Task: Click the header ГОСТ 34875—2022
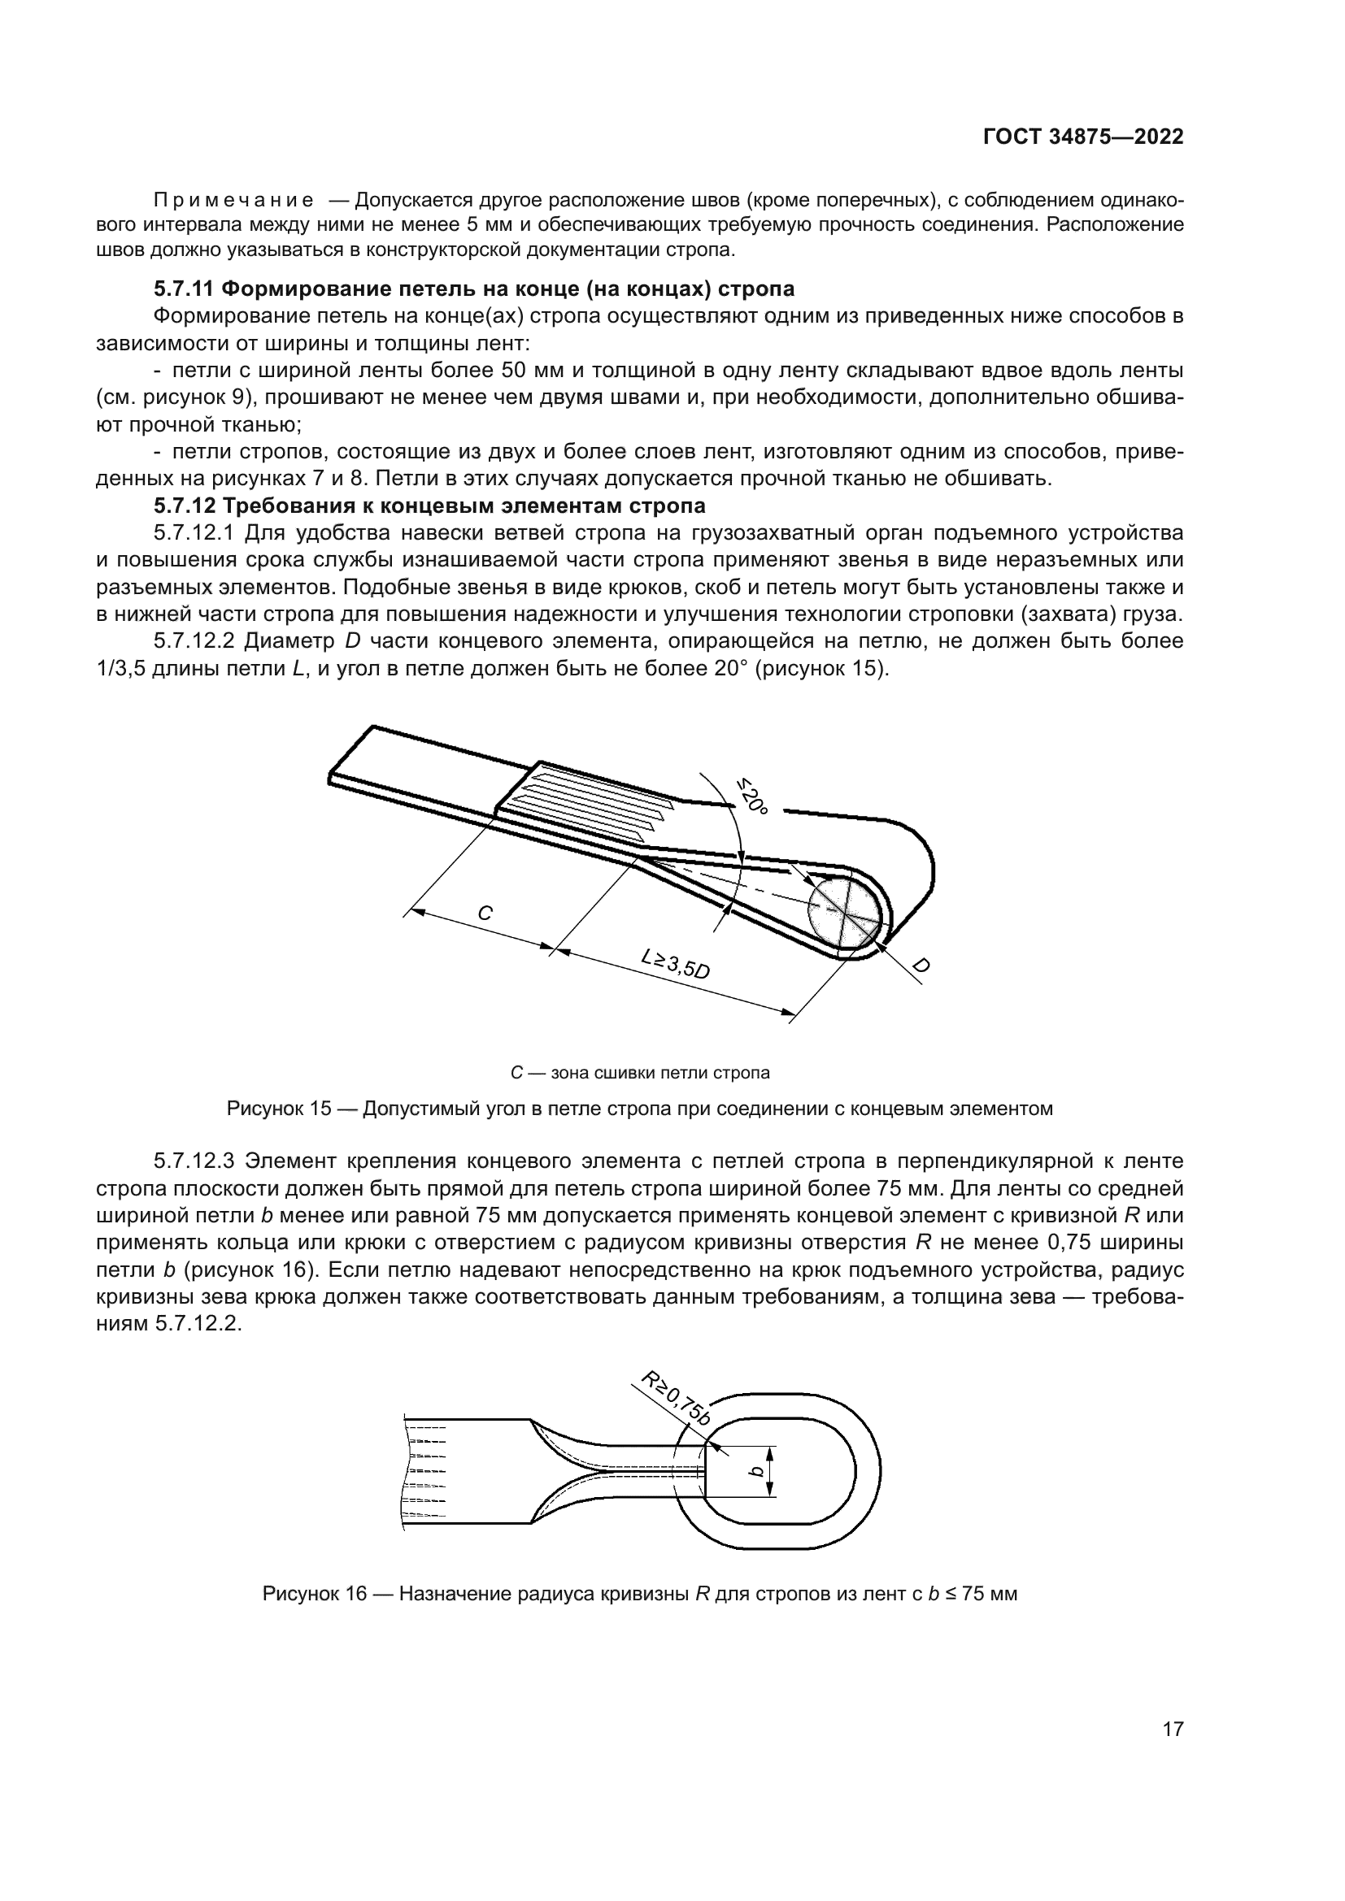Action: click(1083, 137)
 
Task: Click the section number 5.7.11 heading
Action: click(184, 289)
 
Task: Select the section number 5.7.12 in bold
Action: click(184, 505)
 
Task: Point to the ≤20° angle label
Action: click(752, 795)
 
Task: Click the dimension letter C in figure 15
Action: click(485, 914)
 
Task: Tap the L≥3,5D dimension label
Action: click(676, 964)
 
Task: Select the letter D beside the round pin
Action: click(921, 966)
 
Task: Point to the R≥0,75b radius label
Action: click(676, 1399)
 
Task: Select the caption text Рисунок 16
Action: click(314, 1594)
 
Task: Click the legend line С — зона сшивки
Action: click(639, 1073)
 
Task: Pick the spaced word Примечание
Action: click(233, 201)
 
